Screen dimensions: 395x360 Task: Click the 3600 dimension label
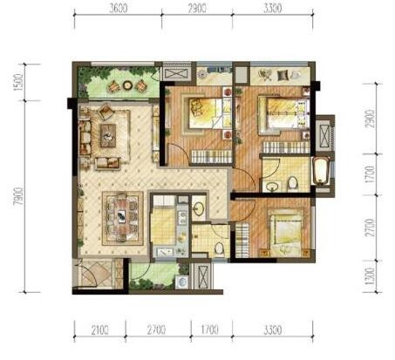click(x=119, y=9)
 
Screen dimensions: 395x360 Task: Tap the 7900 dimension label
click(x=19, y=196)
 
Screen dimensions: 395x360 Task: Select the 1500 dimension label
click(x=18, y=82)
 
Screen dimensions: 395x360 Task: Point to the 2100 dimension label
click(x=99, y=330)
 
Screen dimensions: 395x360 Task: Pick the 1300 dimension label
click(x=370, y=276)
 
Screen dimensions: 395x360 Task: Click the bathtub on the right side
click(x=320, y=171)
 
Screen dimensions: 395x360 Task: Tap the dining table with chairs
click(x=122, y=217)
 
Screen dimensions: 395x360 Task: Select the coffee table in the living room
click(x=108, y=135)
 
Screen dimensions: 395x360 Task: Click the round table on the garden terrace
click(x=127, y=85)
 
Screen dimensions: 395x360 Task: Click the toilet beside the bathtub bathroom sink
click(x=292, y=184)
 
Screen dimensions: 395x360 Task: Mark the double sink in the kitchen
click(x=183, y=218)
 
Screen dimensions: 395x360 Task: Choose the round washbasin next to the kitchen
click(x=199, y=208)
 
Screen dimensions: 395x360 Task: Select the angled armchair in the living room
click(x=106, y=112)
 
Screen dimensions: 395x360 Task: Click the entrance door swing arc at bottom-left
click(x=89, y=275)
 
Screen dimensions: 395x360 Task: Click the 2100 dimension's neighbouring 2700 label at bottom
click(x=156, y=330)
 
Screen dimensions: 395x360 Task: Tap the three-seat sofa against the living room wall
click(x=85, y=138)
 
